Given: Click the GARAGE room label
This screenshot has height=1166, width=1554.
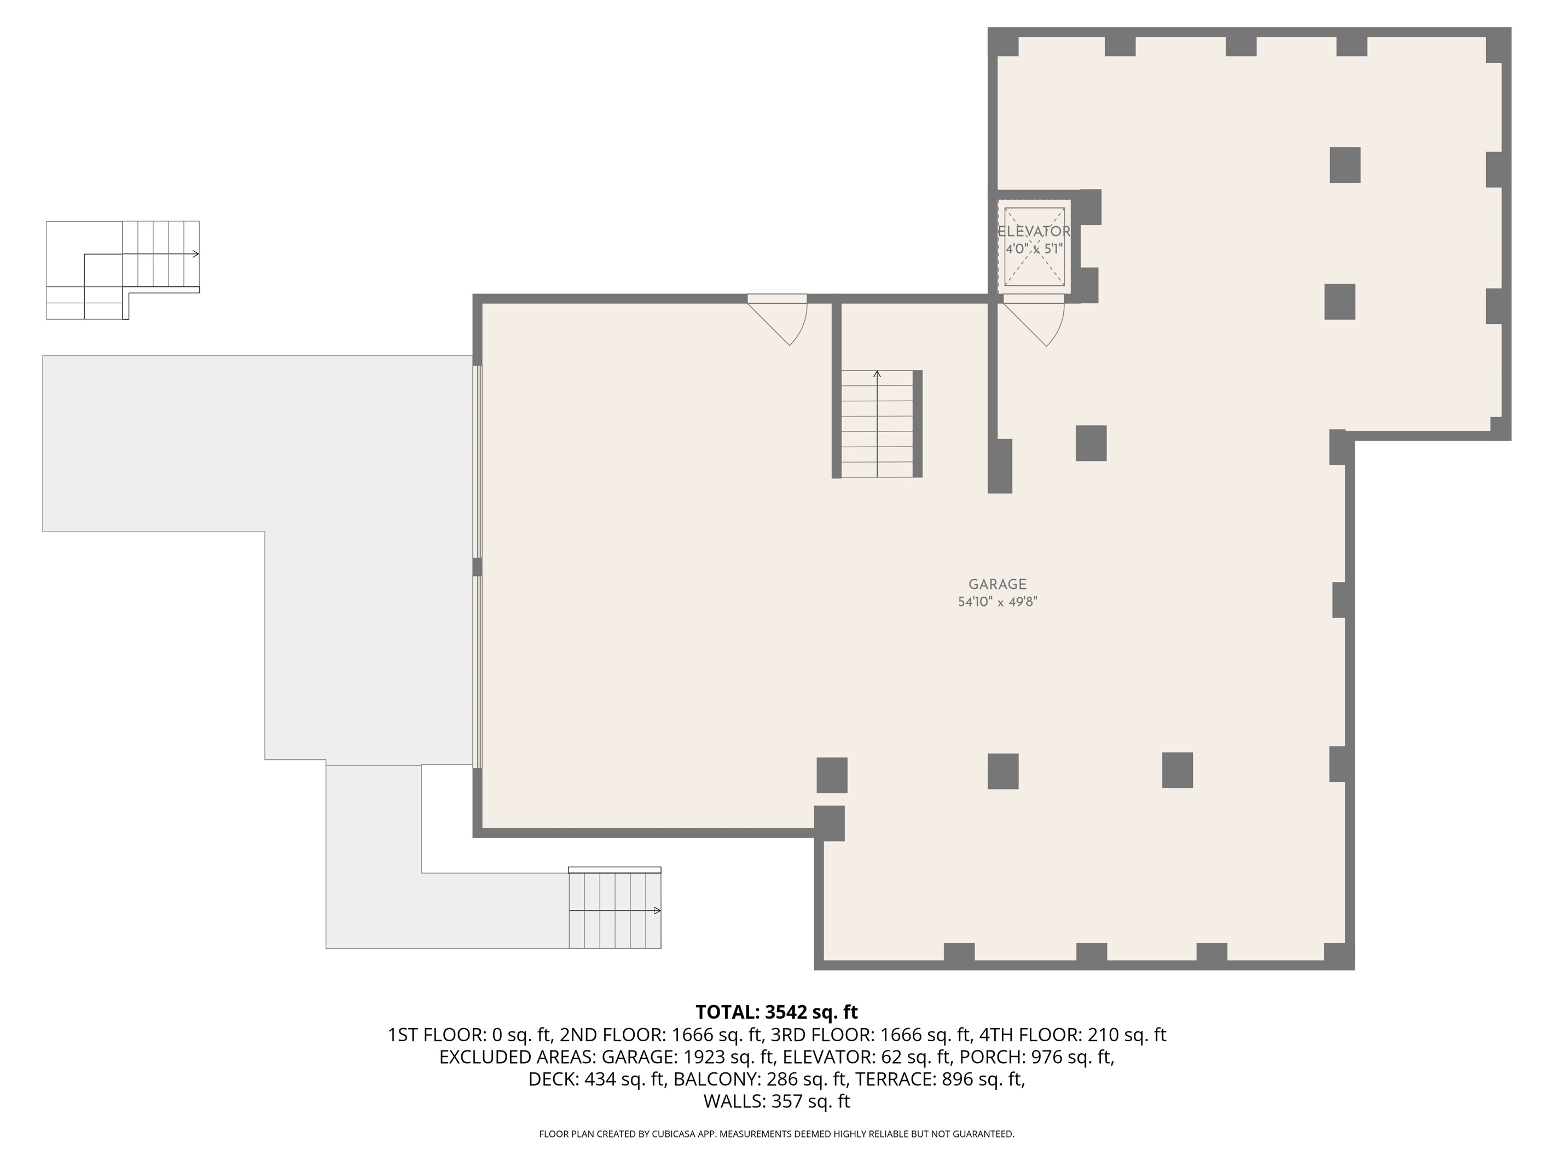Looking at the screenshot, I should (x=997, y=584).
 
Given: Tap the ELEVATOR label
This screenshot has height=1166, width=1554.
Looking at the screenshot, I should (x=1034, y=231).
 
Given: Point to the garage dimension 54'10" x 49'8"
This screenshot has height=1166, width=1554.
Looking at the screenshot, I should (x=998, y=602).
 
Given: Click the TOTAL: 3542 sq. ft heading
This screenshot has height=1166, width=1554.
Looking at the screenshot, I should (x=776, y=1012).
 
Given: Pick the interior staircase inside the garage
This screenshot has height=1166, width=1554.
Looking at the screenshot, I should (x=878, y=424).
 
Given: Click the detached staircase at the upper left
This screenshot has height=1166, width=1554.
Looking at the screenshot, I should (x=123, y=270).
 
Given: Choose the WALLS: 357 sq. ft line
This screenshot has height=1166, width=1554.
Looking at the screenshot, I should (x=776, y=1101).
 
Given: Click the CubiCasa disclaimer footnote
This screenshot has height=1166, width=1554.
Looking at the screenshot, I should (x=776, y=1134).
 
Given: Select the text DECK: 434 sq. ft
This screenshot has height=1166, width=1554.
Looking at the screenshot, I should (x=596, y=1080).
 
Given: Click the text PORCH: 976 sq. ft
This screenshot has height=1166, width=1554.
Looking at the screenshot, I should (x=1037, y=1057).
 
